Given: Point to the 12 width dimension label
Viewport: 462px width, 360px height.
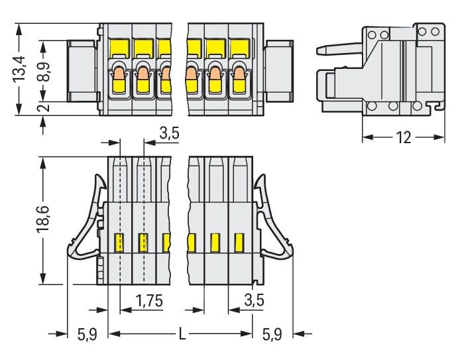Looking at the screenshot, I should pos(402,137).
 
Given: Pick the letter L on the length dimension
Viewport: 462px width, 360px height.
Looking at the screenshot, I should pos(181,334).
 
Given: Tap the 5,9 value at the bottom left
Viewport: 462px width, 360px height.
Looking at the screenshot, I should pos(87,335).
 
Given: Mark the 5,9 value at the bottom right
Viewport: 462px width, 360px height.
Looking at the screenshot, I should pos(272,335).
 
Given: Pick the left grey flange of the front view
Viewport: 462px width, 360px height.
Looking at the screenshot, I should pos(82,70).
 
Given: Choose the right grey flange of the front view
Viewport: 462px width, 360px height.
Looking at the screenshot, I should pos(278,70).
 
